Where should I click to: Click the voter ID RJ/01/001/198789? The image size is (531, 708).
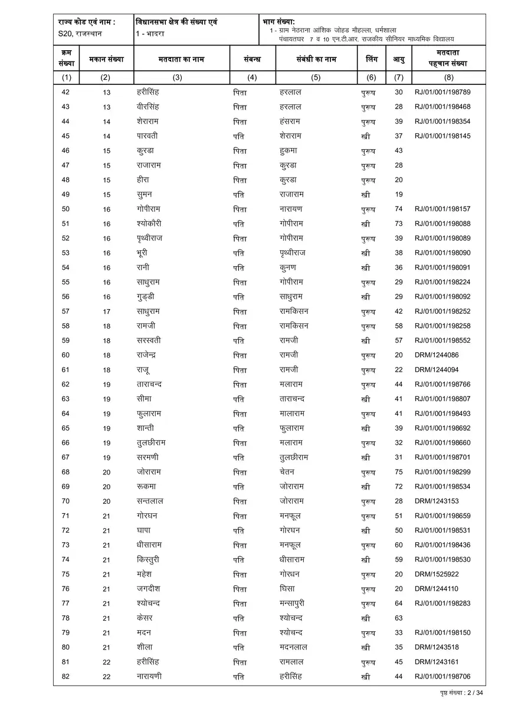point(442,92)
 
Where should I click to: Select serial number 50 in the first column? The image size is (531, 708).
point(65,209)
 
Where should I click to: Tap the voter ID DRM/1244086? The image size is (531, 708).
point(436,355)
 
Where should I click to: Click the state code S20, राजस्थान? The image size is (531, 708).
point(80,34)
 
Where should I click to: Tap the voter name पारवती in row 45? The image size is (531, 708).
point(147,136)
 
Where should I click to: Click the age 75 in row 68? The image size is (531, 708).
point(399,472)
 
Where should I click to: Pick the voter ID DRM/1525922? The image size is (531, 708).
point(436,574)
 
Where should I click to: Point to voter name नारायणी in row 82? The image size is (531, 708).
point(149,676)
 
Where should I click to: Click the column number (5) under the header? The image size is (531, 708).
point(316,77)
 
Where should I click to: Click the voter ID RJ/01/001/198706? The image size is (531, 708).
point(442,676)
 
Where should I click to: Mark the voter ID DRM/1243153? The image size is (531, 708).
point(436,501)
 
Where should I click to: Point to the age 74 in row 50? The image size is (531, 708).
point(399,209)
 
